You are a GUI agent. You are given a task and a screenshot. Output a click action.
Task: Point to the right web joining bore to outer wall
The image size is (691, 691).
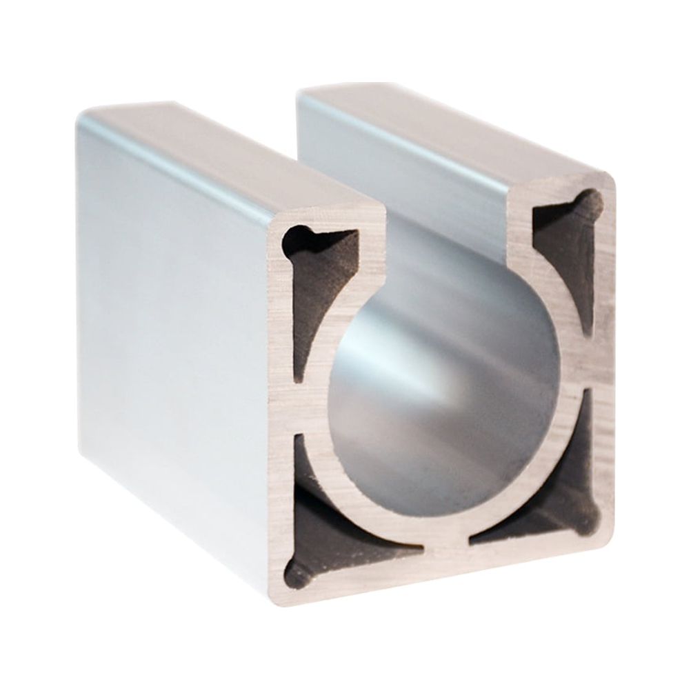point(586,376)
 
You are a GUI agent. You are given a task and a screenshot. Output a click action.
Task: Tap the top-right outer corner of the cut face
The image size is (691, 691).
point(612,181)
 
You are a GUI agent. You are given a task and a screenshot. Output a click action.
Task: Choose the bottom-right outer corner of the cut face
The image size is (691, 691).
point(607,531)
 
